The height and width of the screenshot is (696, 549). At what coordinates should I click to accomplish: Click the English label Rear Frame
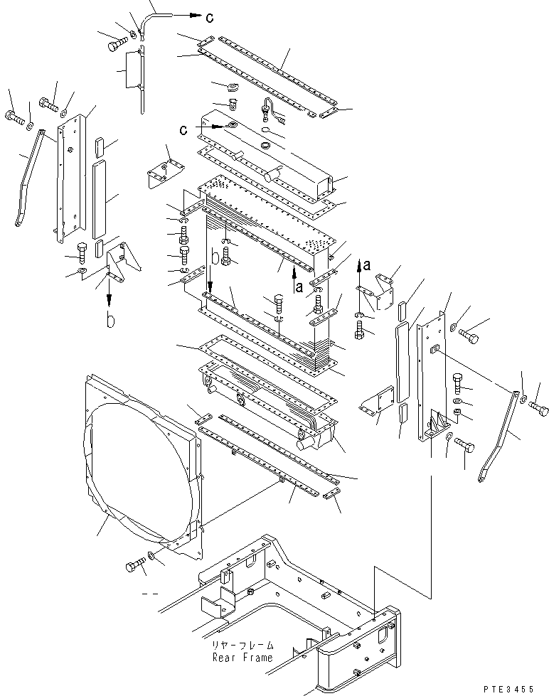tap(242, 658)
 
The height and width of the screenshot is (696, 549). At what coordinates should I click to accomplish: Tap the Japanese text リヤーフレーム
tap(242, 646)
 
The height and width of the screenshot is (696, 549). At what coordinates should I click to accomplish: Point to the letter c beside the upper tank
tap(183, 131)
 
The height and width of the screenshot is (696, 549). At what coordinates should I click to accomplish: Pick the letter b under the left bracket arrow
tap(110, 321)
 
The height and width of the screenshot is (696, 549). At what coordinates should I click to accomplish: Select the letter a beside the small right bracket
tap(366, 264)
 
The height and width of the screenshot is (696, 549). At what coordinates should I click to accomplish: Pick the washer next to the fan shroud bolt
tap(154, 555)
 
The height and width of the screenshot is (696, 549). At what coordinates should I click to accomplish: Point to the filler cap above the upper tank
tap(230, 87)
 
